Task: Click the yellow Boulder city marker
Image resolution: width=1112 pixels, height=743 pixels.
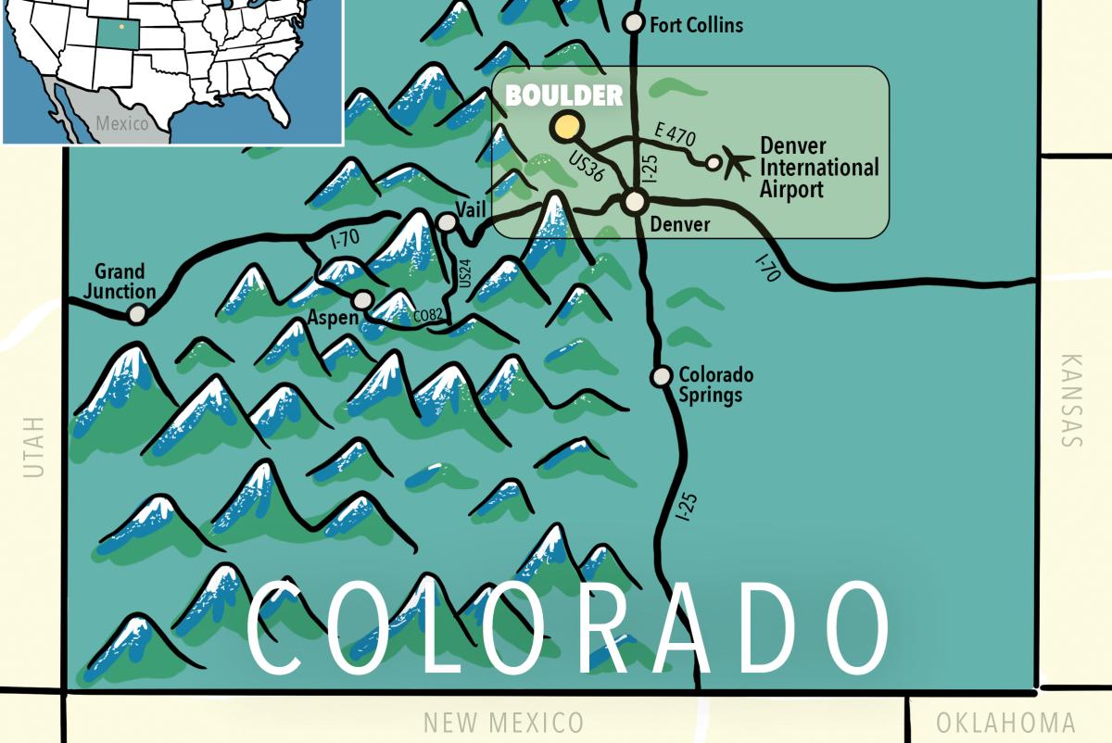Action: pyautogui.click(x=566, y=127)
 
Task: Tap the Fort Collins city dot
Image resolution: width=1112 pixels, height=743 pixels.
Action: pyautogui.click(x=634, y=22)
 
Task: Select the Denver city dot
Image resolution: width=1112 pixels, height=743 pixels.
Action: pyautogui.click(x=635, y=201)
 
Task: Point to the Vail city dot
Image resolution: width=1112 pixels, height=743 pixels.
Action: pyautogui.click(x=447, y=222)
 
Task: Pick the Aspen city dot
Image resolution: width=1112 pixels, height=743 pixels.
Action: pyautogui.click(x=363, y=300)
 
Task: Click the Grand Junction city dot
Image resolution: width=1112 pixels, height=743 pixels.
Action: pyautogui.click(x=137, y=315)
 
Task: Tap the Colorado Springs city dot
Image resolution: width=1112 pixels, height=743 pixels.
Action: pyautogui.click(x=662, y=376)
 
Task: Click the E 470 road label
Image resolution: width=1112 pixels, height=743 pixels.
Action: pyautogui.click(x=674, y=135)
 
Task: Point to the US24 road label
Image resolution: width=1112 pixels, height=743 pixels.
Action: pyautogui.click(x=465, y=273)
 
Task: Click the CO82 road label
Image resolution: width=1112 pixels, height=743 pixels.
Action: pyautogui.click(x=428, y=316)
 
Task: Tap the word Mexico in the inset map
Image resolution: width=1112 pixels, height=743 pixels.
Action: pyautogui.click(x=121, y=123)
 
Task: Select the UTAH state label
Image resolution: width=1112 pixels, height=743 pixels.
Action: pyautogui.click(x=34, y=447)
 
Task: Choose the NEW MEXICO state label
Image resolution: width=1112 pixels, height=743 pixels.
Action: pyautogui.click(x=503, y=723)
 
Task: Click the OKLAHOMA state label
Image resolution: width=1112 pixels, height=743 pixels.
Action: pyautogui.click(x=1005, y=723)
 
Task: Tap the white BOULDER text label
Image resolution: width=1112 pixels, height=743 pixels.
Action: pyautogui.click(x=563, y=95)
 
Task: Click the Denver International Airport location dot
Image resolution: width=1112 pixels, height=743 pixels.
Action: pyautogui.click(x=714, y=163)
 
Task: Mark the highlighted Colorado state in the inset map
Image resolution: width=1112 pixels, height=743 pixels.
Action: pyautogui.click(x=117, y=34)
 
